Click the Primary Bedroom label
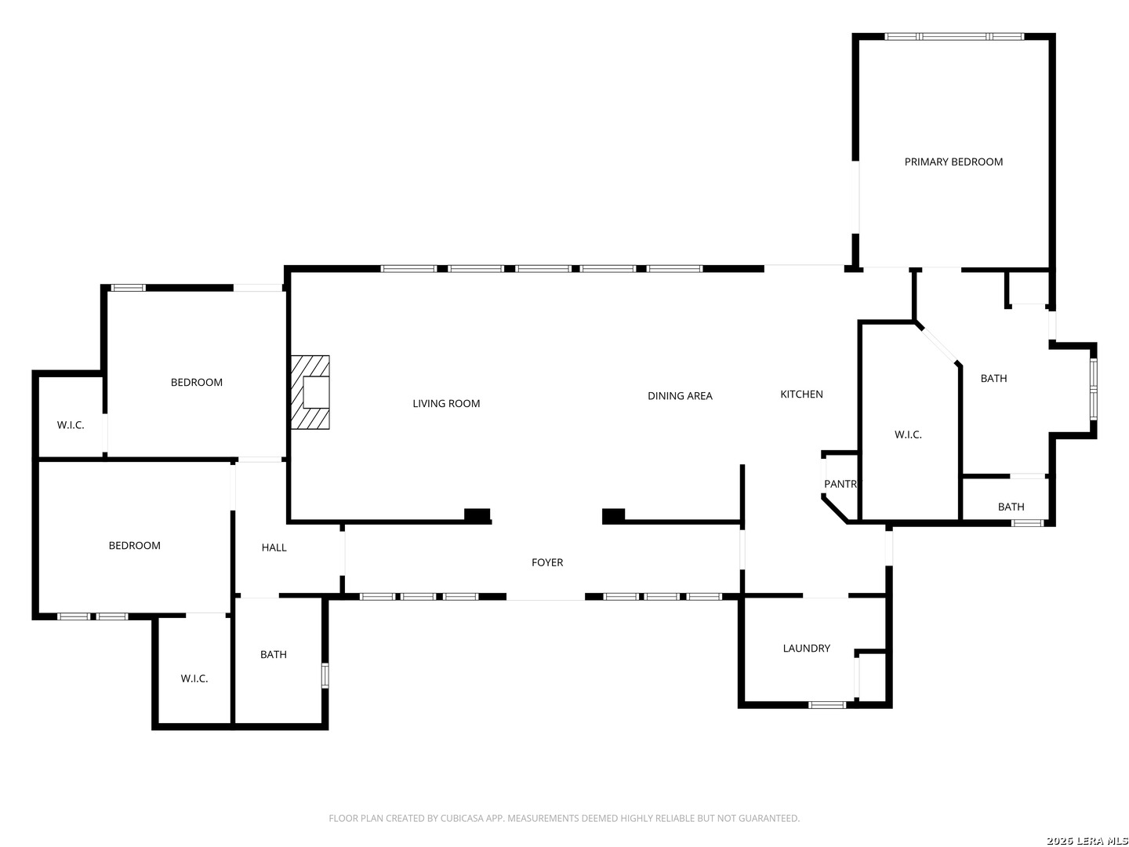(x=953, y=162)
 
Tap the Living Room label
(x=446, y=403)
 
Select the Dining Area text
(x=680, y=396)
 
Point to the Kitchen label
(x=801, y=394)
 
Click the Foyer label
(x=547, y=562)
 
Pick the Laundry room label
(x=806, y=648)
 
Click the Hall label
(x=274, y=547)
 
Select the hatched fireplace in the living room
(x=310, y=392)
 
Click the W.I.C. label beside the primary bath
(x=908, y=434)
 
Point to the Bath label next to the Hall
(x=274, y=654)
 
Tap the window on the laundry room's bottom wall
(x=827, y=704)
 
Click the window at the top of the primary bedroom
(x=954, y=36)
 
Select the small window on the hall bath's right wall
(x=325, y=675)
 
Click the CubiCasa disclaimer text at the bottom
(x=564, y=818)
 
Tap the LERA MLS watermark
(x=1087, y=841)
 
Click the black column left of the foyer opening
(x=477, y=515)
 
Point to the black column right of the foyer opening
(x=613, y=515)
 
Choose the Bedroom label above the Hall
(x=197, y=382)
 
